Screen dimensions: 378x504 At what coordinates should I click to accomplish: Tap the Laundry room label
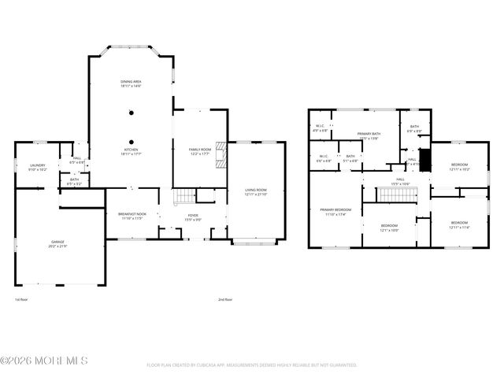tap(38, 167)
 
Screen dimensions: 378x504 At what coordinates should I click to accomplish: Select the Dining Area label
tap(131, 83)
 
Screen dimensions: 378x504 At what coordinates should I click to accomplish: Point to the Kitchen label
tap(131, 151)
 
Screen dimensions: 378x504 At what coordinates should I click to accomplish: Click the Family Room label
tap(199, 151)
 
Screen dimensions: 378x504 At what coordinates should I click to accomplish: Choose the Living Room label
tap(256, 191)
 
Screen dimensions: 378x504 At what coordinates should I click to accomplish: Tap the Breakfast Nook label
tap(130, 216)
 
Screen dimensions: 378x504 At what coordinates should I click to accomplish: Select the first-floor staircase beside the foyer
tap(183, 196)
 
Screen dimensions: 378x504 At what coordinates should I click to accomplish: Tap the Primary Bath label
tap(368, 136)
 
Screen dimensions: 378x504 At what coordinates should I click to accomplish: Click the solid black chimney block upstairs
tap(425, 160)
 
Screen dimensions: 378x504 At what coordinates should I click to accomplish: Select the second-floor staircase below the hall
tap(389, 195)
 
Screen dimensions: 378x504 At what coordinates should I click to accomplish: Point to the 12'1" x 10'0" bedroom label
tap(390, 228)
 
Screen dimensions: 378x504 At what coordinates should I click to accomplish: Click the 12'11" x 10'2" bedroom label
tap(459, 167)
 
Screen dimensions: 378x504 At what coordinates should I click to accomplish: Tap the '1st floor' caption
tap(23, 299)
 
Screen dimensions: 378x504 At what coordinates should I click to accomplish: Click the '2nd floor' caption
tap(226, 299)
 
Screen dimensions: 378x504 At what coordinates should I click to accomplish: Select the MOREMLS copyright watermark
tap(44, 361)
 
